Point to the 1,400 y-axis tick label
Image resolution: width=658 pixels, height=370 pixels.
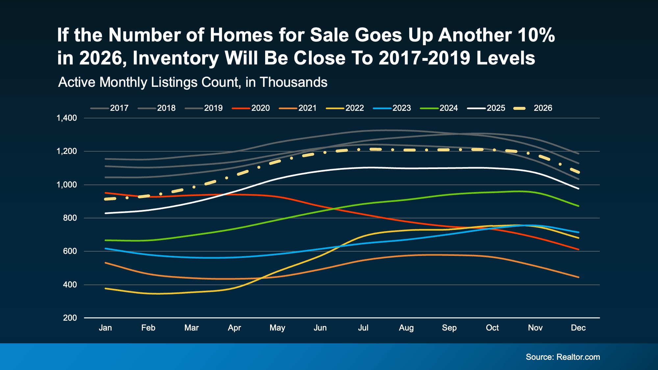[67, 118]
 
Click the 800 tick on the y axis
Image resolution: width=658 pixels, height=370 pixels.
[70, 218]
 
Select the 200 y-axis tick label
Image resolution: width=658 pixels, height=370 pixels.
[70, 318]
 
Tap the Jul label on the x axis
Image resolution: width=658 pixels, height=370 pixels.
[363, 328]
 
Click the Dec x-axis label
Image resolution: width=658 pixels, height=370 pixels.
[578, 328]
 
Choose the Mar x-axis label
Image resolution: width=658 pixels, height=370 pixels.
[191, 328]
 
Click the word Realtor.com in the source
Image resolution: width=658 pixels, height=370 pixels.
[578, 357]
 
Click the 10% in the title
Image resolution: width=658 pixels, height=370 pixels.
[536, 35]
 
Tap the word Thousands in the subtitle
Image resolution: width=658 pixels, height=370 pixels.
[293, 82]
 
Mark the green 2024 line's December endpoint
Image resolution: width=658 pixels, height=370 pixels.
[578, 206]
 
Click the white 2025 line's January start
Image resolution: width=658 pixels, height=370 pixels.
[105, 213]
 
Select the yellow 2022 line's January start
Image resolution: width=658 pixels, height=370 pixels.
[105, 288]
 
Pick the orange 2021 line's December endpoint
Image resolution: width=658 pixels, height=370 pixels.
[578, 277]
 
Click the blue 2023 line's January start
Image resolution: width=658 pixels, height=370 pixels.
[105, 249]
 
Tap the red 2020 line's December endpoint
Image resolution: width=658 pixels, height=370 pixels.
[578, 250]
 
